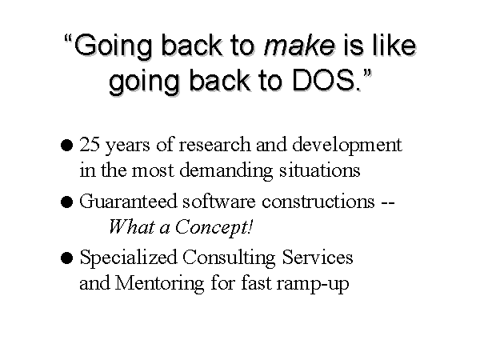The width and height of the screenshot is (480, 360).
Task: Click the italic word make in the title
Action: point(299,46)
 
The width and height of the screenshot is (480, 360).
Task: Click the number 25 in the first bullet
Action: point(90,144)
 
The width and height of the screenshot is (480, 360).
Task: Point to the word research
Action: point(214,144)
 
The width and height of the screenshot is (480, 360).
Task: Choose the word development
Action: point(347,145)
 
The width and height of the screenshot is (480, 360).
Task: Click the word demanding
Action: point(226,171)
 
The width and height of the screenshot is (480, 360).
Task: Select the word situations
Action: point(319,170)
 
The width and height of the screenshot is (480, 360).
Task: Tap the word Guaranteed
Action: point(128,201)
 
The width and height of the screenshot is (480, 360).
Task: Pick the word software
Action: point(219,201)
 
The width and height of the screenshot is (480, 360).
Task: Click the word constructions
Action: point(318,201)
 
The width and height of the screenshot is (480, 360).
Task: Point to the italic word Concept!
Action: point(214,228)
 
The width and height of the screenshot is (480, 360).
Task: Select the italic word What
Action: point(132,227)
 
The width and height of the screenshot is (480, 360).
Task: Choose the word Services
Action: point(318,258)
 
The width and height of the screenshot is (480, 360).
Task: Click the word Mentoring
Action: point(159,284)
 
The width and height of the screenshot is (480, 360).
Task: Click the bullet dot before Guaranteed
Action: point(66,202)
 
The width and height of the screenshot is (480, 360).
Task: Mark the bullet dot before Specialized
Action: point(66,258)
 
